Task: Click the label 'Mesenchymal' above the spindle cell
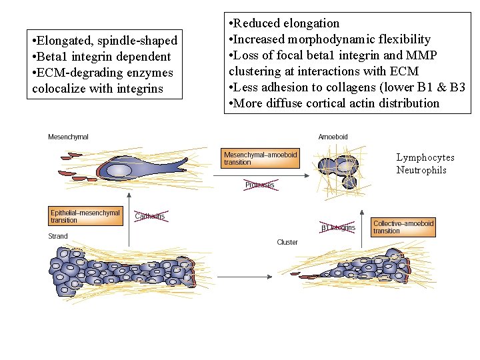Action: [x=68, y=137]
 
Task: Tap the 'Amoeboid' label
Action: [x=333, y=137]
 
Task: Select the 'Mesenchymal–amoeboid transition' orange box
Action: [x=261, y=158]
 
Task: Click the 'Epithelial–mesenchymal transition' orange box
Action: [x=85, y=216]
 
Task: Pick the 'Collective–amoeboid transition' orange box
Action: [x=403, y=227]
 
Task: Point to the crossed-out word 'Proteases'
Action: [x=259, y=185]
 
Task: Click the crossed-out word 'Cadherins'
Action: [x=149, y=216]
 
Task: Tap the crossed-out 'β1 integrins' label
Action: [x=338, y=227]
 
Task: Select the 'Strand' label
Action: [x=58, y=237]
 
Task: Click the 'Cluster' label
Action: [x=287, y=242]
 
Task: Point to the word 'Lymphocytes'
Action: [x=425, y=157]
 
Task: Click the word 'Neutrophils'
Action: [x=421, y=170]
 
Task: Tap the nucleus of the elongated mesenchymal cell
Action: [x=119, y=171]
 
